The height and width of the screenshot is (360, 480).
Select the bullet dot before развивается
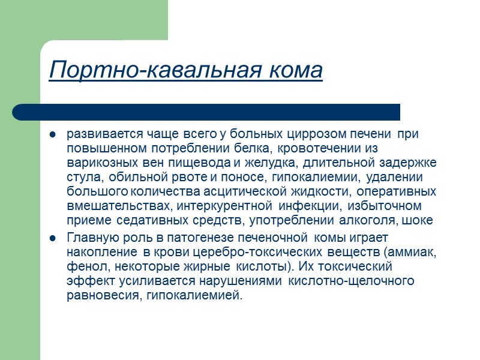point(52,134)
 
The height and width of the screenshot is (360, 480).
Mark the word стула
point(80,177)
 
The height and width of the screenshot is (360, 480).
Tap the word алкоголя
point(372,221)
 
